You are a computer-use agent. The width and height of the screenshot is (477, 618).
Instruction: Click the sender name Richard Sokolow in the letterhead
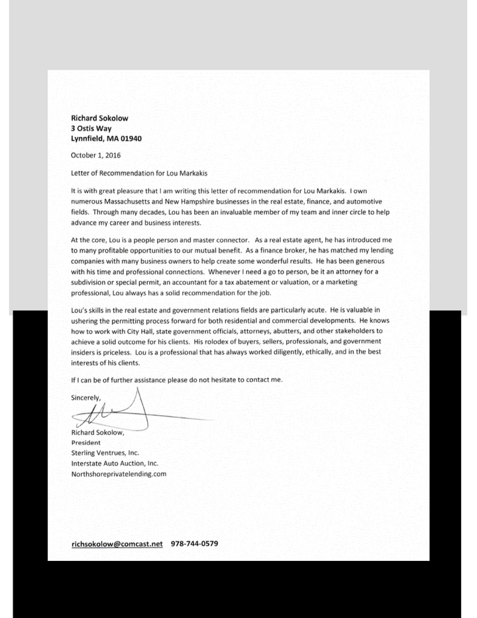pyautogui.click(x=99, y=117)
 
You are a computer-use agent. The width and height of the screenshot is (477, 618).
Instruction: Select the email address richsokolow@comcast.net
pyautogui.click(x=117, y=544)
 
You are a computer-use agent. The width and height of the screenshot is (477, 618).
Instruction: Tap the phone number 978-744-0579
pyautogui.click(x=194, y=544)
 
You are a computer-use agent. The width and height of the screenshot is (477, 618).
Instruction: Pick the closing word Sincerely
pyautogui.click(x=85, y=397)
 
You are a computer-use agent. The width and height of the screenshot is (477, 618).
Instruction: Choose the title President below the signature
pyautogui.click(x=85, y=442)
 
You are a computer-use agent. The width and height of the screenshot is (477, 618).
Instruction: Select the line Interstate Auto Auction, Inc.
pyautogui.click(x=115, y=463)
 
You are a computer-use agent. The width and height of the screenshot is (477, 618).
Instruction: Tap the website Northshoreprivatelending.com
pyautogui.click(x=119, y=474)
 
